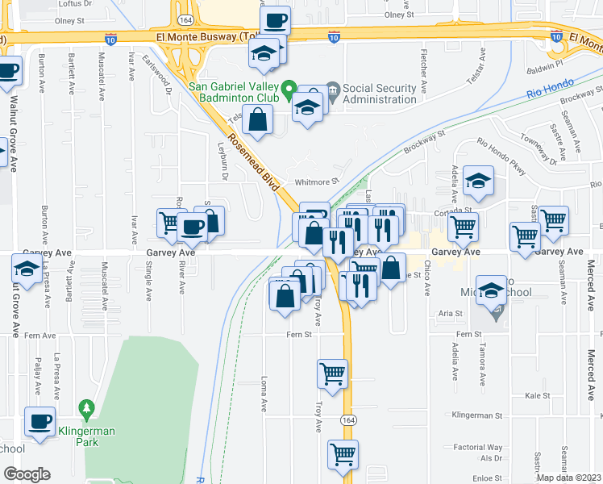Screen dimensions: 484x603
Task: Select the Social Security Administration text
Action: click(380, 94)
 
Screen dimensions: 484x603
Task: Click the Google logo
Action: click(27, 474)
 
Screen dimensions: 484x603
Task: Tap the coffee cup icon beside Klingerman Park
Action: click(39, 419)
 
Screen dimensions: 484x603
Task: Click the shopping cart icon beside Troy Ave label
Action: click(333, 373)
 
